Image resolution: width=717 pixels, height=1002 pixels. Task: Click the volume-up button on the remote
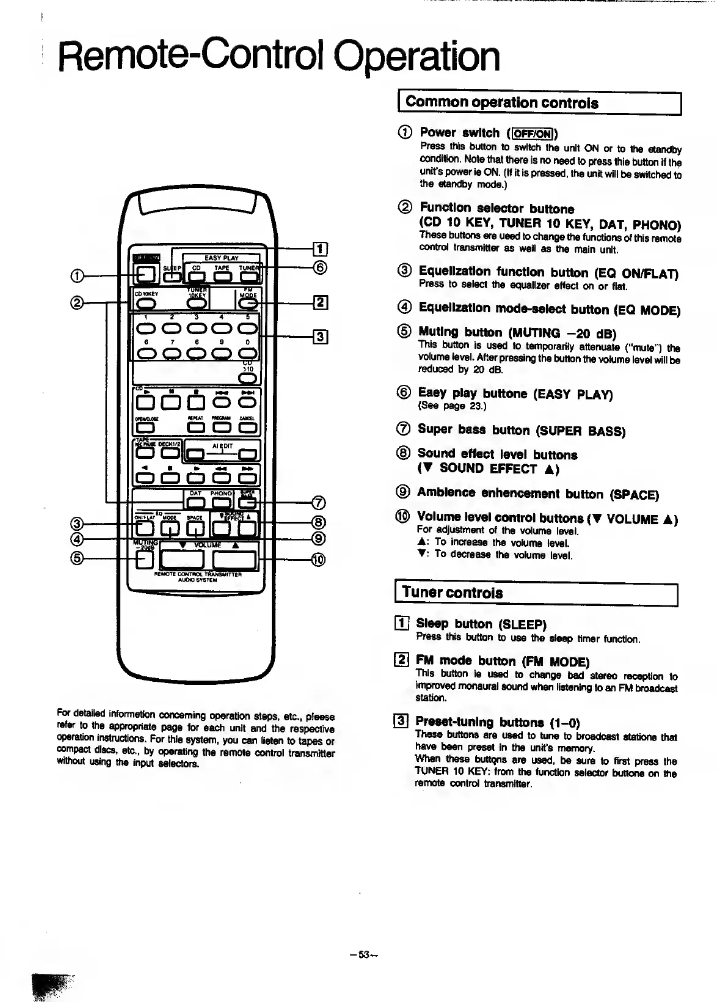tap(235, 559)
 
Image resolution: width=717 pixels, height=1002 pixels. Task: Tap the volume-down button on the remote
tap(181, 559)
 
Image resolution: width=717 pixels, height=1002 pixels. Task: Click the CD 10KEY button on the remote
tap(145, 304)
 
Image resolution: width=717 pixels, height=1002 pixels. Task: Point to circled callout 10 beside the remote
tap(318, 559)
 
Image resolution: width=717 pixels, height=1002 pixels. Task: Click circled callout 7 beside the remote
tap(318, 503)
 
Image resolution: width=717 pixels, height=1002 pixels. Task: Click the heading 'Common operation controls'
tap(501, 103)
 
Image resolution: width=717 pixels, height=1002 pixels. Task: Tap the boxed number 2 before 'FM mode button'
tap(402, 660)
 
